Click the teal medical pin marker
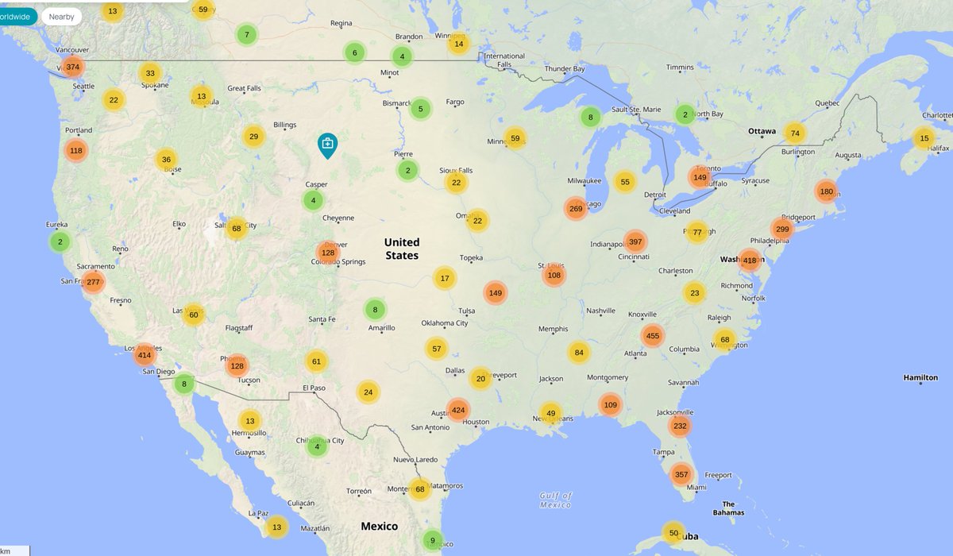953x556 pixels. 327,144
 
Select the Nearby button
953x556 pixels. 61,16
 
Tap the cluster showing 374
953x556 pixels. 73,67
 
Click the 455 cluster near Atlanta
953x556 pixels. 652,336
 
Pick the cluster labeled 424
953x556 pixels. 458,410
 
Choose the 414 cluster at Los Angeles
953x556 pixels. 144,355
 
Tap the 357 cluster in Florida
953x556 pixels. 681,474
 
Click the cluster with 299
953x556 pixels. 782,229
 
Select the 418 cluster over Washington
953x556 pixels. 749,260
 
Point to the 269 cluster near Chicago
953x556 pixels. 576,209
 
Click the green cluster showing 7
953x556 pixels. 247,34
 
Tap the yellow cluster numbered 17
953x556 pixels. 445,278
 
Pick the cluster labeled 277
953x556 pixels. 93,282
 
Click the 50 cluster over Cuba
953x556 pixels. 673,532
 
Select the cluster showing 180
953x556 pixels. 827,191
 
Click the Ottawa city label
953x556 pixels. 762,131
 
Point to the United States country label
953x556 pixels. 402,249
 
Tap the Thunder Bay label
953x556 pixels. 564,69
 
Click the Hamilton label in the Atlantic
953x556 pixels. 920,377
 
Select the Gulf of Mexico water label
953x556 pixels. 555,500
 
